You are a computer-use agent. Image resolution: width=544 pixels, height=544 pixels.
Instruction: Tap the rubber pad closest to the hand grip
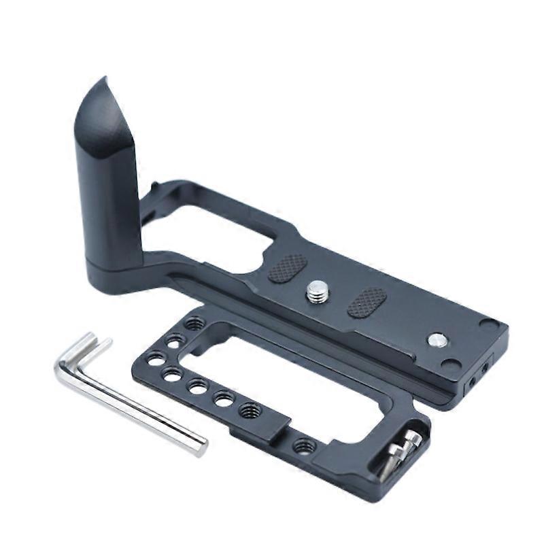click(x=288, y=268)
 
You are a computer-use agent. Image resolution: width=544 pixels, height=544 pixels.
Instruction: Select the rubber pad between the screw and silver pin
click(x=367, y=302)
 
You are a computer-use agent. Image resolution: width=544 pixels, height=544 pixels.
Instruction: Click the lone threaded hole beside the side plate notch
click(x=304, y=446)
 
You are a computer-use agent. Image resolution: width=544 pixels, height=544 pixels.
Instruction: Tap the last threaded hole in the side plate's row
click(x=250, y=411)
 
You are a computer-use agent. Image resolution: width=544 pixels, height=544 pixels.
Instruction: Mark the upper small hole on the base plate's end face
click(x=485, y=368)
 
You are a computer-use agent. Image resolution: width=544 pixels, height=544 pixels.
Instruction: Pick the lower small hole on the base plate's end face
click(x=471, y=384)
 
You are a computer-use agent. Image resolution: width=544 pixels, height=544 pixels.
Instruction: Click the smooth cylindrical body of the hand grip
click(x=109, y=197)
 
